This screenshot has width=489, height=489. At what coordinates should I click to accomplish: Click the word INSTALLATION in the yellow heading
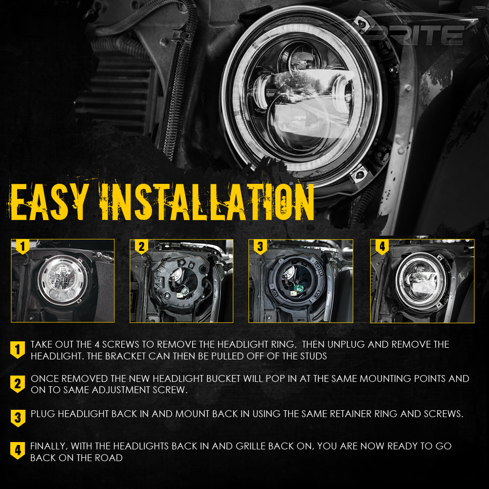pyautogui.click(x=206, y=202)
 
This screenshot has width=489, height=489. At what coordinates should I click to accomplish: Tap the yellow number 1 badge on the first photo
pyautogui.click(x=22, y=246)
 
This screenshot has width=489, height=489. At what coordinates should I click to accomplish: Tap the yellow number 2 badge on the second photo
pyautogui.click(x=141, y=246)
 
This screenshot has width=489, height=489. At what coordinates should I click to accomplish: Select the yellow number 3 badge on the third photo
pyautogui.click(x=260, y=246)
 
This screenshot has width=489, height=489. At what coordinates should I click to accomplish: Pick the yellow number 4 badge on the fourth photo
pyautogui.click(x=382, y=246)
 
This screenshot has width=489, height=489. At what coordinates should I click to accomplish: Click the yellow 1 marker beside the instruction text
pyautogui.click(x=18, y=350)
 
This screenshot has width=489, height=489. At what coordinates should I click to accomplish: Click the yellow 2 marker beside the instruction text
pyautogui.click(x=18, y=384)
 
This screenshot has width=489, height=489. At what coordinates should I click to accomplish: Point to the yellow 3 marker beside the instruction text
pyautogui.click(x=18, y=418)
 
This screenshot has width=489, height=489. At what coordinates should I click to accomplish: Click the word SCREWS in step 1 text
pyautogui.click(x=120, y=344)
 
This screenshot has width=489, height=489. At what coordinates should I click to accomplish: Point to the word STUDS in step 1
pyautogui.click(x=314, y=356)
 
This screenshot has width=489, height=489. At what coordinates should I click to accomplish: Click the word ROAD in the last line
pyautogui.click(x=109, y=458)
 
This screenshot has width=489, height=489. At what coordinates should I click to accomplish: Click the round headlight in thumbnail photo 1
pyautogui.click(x=62, y=280)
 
